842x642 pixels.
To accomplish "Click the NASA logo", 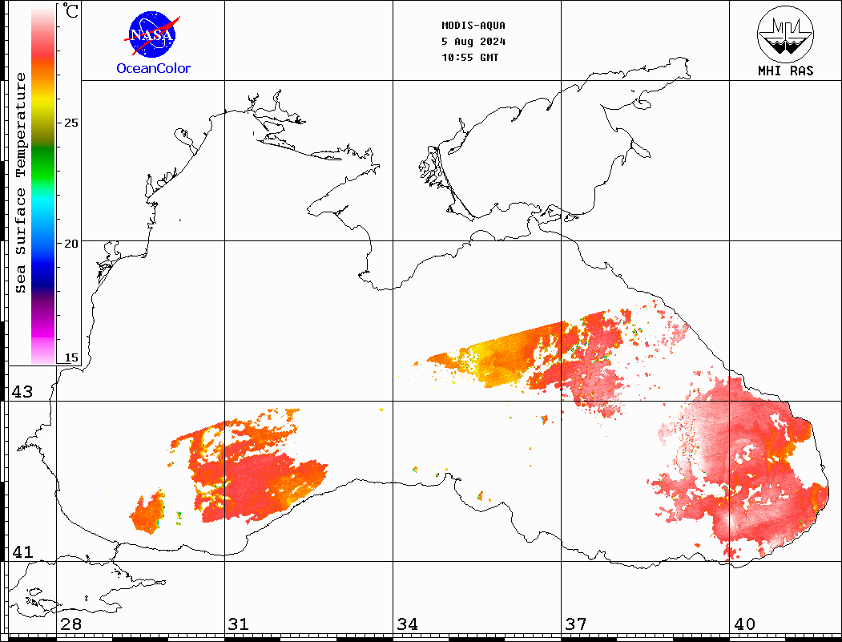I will pos(152,35).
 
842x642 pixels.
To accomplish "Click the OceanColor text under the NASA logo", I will pos(154,69).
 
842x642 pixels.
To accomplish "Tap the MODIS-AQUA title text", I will pos(473,26).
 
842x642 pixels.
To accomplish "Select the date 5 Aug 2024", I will pos(473,42).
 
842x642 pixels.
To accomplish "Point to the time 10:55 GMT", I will pos(470,58).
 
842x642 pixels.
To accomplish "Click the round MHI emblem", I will pos(785,32).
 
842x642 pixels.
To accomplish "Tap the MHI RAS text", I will pos(785,71).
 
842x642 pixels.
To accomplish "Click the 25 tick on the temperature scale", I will pos(71,123).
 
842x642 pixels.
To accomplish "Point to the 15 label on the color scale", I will pos(71,357).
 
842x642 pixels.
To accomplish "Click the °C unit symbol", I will pos(71,11).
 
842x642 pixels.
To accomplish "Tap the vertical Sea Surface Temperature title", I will pos(21,183).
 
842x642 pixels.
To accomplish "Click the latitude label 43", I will pos(22,392).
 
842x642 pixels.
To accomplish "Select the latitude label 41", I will pos(22,552).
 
